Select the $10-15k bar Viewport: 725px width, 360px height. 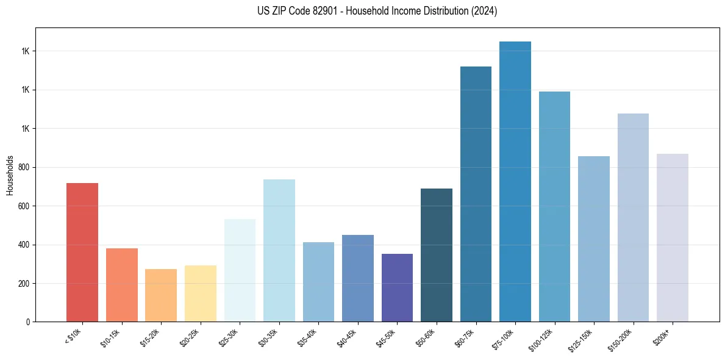click(121, 285)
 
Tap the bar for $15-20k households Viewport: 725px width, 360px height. click(161, 295)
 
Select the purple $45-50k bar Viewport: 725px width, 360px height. click(397, 287)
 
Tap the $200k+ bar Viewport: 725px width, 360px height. click(672, 237)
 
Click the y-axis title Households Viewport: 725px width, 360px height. click(10, 175)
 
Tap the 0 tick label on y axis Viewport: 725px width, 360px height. click(28, 322)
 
